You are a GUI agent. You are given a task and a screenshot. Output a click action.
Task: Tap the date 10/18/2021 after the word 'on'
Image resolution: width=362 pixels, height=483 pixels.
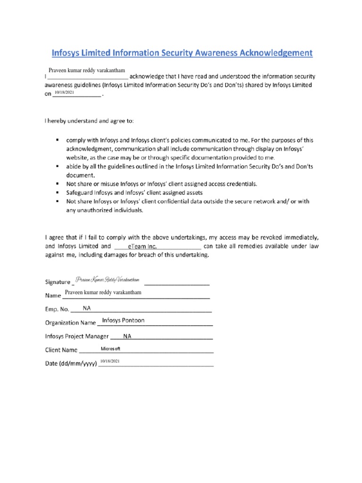pyautogui.click(x=65, y=93)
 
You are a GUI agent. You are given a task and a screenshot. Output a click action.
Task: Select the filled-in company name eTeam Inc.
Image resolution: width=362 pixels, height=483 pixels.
pyautogui.click(x=142, y=247)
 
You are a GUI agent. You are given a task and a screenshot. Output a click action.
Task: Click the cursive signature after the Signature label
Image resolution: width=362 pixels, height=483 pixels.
pyautogui.click(x=108, y=281)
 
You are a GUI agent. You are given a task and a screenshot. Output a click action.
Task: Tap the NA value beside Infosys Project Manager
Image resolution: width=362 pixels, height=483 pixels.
pyautogui.click(x=127, y=336)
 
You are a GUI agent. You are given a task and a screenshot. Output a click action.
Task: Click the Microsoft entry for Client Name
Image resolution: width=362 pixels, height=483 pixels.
pyautogui.click(x=111, y=349)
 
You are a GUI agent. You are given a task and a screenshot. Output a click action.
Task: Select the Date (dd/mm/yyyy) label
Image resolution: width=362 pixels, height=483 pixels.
pyautogui.click(x=71, y=364)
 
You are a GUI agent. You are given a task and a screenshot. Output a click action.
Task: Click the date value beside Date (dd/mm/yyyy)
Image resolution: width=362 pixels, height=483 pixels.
pyautogui.click(x=110, y=361)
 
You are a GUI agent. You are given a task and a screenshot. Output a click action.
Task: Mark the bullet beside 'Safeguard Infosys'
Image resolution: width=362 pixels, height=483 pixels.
pyautogui.click(x=58, y=193)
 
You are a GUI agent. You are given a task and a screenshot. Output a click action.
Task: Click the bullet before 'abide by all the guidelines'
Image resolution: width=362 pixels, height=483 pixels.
pyautogui.click(x=58, y=167)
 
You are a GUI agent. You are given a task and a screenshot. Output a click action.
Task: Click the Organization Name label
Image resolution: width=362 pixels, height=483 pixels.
pyautogui.click(x=70, y=323)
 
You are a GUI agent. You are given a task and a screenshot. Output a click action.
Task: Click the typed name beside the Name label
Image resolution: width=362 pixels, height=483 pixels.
pyautogui.click(x=103, y=293)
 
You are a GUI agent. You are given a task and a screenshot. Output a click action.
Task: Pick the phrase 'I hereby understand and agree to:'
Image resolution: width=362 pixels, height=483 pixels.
pyautogui.click(x=89, y=121)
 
